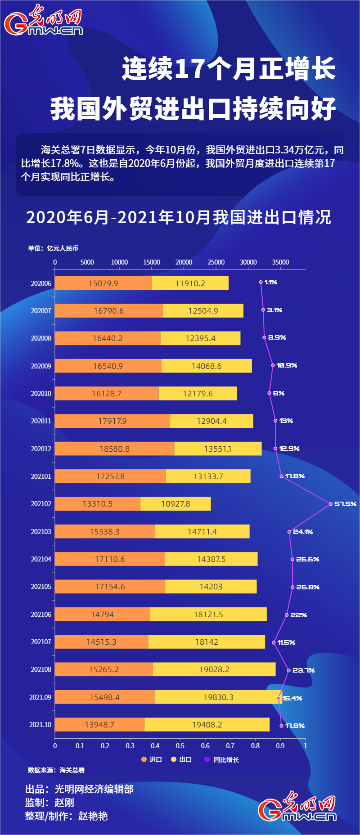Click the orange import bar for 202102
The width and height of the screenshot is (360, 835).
[x=98, y=504]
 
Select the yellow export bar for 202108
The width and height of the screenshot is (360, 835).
[x=214, y=669]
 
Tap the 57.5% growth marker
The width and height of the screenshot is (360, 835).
[x=330, y=504]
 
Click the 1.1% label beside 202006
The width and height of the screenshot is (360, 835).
[x=271, y=283]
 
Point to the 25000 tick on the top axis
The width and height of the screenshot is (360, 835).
[x=216, y=262]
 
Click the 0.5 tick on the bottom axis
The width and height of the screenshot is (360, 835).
[x=180, y=746]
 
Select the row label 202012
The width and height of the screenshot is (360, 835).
[x=41, y=449]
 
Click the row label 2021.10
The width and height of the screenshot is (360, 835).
[x=40, y=725]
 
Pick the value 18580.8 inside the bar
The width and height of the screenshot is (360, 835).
[x=114, y=449]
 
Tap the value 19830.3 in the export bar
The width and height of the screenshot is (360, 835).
[x=218, y=697]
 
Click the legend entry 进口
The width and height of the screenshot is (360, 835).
[x=152, y=759]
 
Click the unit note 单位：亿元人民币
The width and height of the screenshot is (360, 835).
[x=53, y=248]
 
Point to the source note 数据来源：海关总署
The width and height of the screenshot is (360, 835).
[x=56, y=770]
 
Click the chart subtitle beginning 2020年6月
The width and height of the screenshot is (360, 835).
[x=179, y=217]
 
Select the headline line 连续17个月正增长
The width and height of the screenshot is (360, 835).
[x=229, y=69]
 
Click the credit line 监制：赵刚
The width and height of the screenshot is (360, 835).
[x=49, y=803]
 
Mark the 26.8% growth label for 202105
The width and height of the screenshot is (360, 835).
[x=308, y=587]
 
